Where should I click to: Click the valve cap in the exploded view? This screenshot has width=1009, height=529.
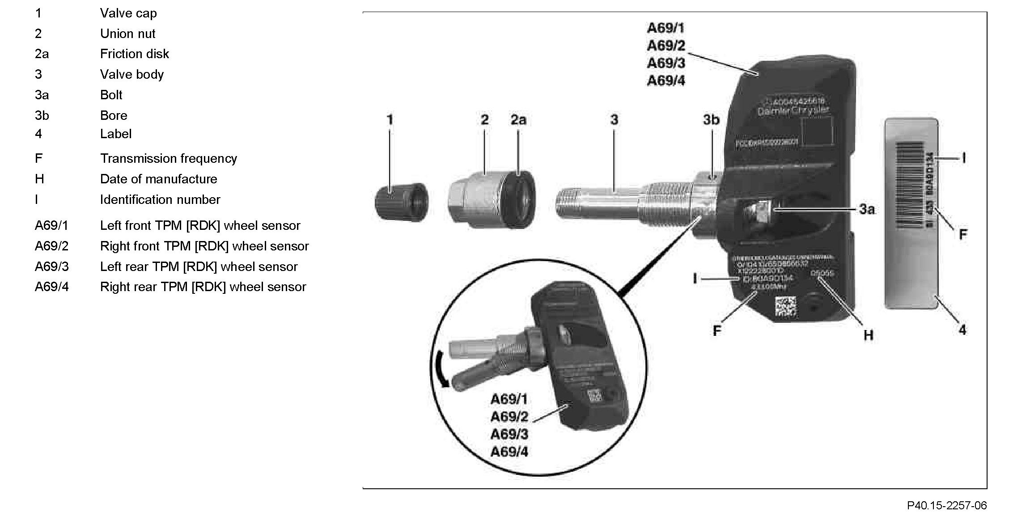point(400,203)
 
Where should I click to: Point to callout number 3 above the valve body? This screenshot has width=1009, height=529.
point(614,120)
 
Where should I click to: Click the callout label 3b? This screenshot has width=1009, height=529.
point(711,120)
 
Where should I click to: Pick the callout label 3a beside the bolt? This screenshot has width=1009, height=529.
point(866,209)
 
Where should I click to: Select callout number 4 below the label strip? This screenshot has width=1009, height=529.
point(962,330)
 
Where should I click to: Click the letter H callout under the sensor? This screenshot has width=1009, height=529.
point(868,335)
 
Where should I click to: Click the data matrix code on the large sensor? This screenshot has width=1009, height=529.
point(786,307)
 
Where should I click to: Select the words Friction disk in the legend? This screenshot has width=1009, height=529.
point(134,54)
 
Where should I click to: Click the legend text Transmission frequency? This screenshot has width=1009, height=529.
point(168,159)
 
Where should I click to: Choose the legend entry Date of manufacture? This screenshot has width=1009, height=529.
point(158,179)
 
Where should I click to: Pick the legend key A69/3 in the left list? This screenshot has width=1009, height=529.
point(52,267)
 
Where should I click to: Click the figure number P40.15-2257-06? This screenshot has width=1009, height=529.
point(946,506)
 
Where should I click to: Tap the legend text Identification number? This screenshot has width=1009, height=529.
point(160,200)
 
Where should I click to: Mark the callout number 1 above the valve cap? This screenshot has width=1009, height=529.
point(390,120)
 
